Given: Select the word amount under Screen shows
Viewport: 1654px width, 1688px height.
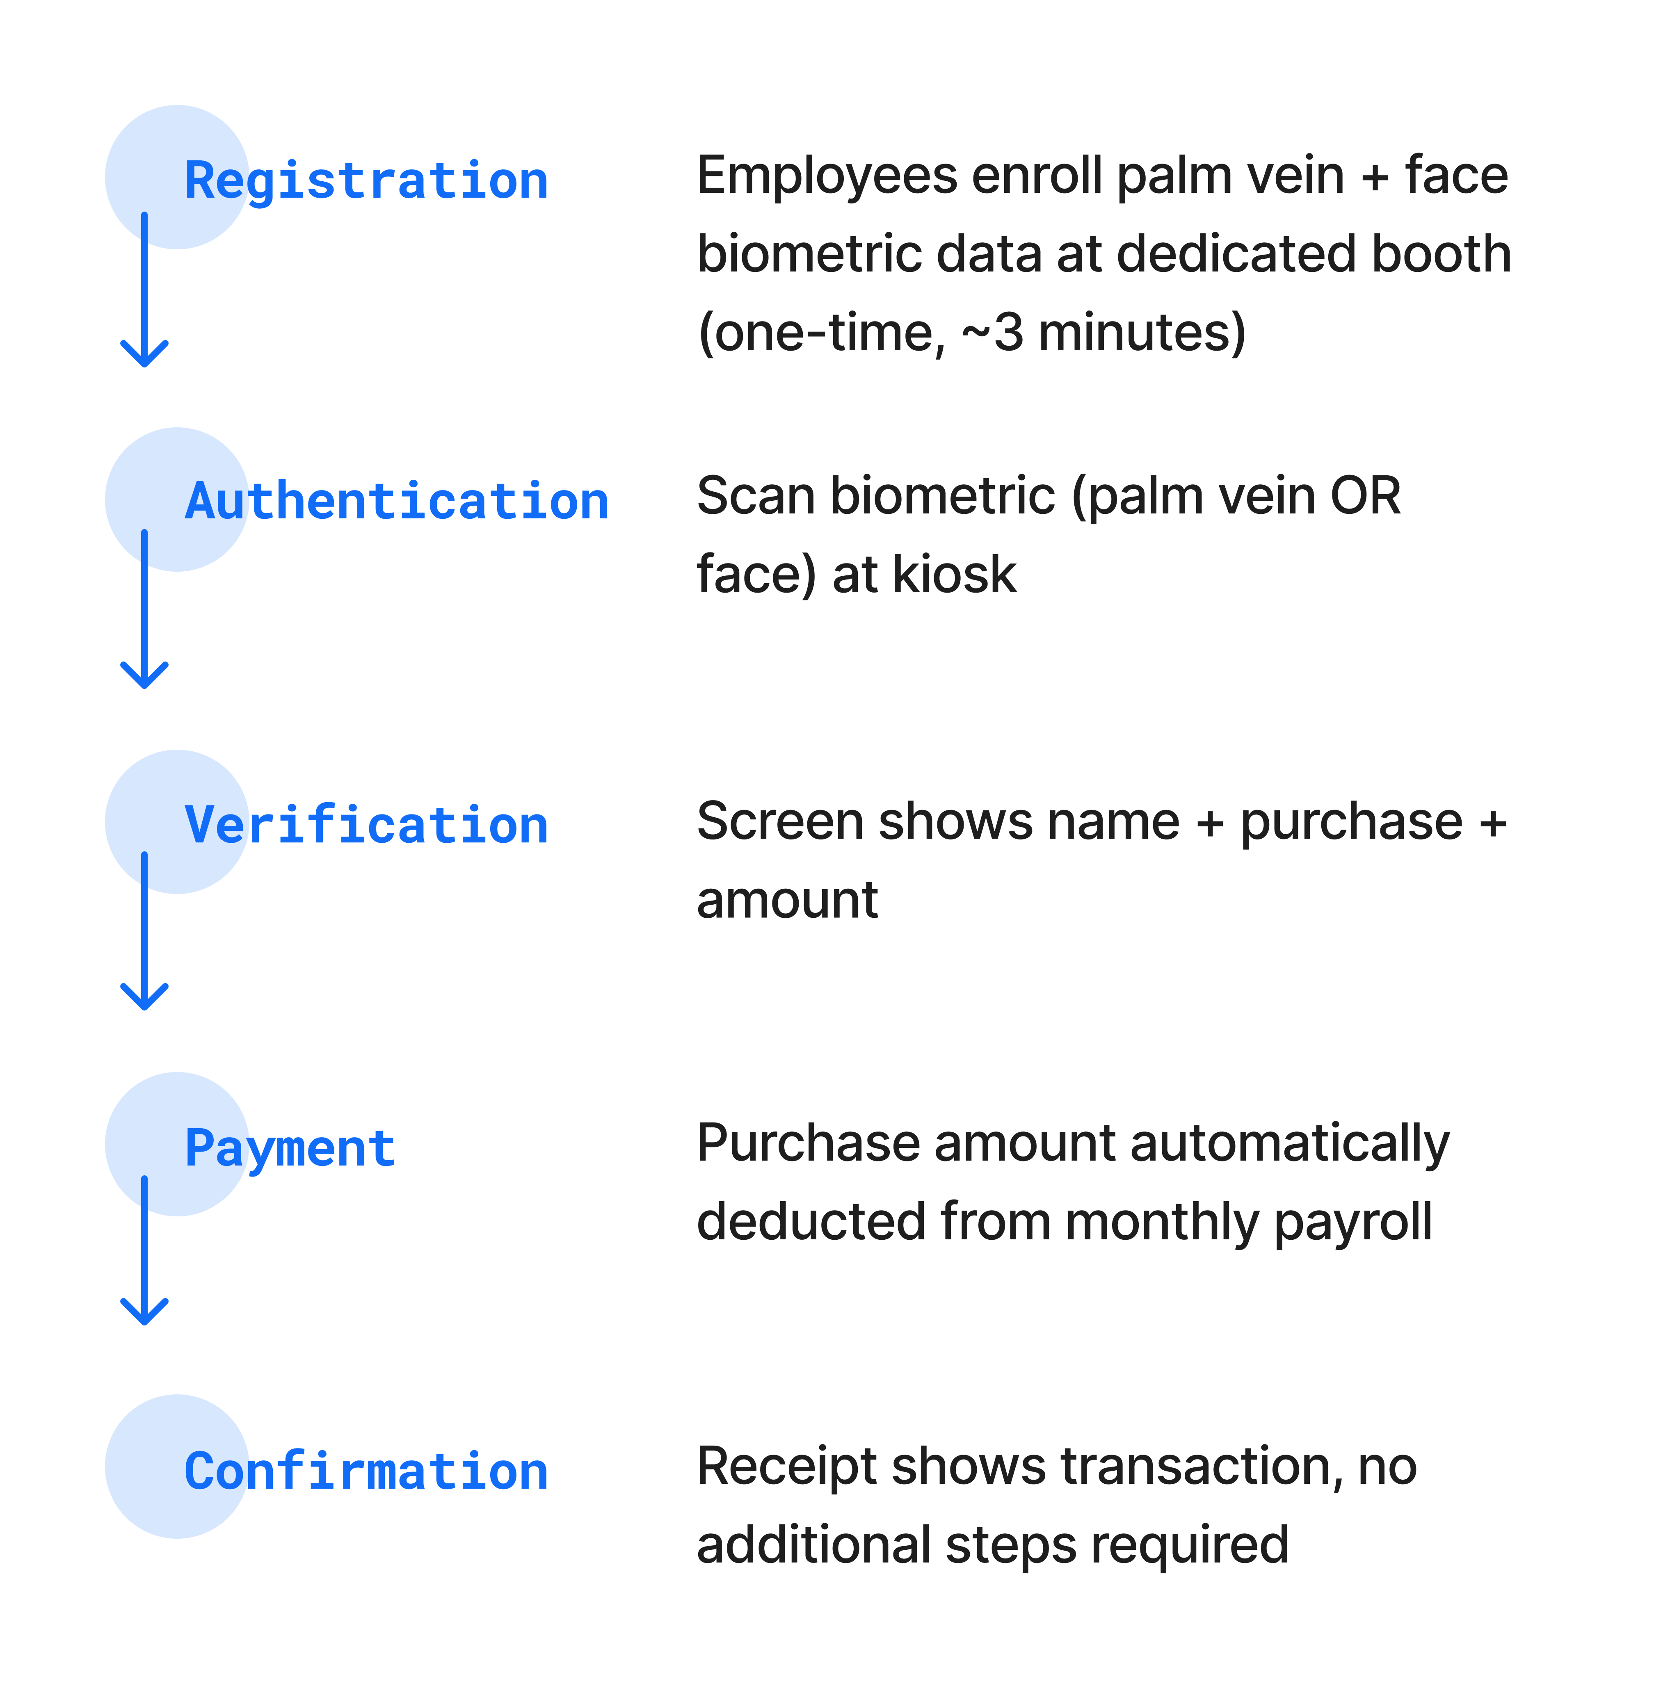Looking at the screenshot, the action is (787, 901).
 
